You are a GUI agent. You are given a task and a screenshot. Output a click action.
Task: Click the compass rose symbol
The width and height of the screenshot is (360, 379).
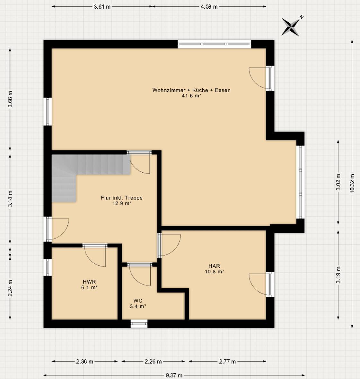coord(291,26)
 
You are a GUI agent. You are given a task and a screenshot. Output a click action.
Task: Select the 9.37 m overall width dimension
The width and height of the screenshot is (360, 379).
coord(174,375)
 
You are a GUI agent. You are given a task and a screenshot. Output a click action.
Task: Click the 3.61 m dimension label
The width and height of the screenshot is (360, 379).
coord(102,6)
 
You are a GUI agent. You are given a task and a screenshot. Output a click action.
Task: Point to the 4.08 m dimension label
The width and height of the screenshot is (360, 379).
coord(209,6)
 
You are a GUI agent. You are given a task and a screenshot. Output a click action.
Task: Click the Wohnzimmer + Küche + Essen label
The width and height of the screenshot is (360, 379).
coord(191,90)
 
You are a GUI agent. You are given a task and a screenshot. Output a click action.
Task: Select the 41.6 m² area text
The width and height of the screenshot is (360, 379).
coord(191,96)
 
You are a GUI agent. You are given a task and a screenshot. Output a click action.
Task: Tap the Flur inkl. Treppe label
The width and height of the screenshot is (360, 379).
coord(122,198)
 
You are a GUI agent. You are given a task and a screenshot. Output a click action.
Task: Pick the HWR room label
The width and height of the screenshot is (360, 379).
coord(89,282)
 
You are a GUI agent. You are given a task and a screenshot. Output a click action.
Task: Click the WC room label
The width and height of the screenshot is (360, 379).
coord(138,301)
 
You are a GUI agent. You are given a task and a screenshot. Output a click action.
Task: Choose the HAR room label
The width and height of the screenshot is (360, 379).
coord(214,266)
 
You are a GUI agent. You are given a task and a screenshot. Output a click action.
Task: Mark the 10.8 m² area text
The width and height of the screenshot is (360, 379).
coord(215,271)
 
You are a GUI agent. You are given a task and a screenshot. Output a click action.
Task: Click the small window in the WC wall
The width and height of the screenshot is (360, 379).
coord(139,324)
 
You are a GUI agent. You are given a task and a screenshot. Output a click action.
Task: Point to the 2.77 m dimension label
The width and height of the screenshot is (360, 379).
coord(227,362)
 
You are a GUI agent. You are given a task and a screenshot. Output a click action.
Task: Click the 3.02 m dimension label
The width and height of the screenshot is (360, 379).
coord(338,182)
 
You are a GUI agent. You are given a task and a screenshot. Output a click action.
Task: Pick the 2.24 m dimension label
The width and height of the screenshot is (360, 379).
coord(10,288)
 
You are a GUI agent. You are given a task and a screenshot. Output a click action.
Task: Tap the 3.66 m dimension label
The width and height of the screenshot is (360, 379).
coord(10,100)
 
